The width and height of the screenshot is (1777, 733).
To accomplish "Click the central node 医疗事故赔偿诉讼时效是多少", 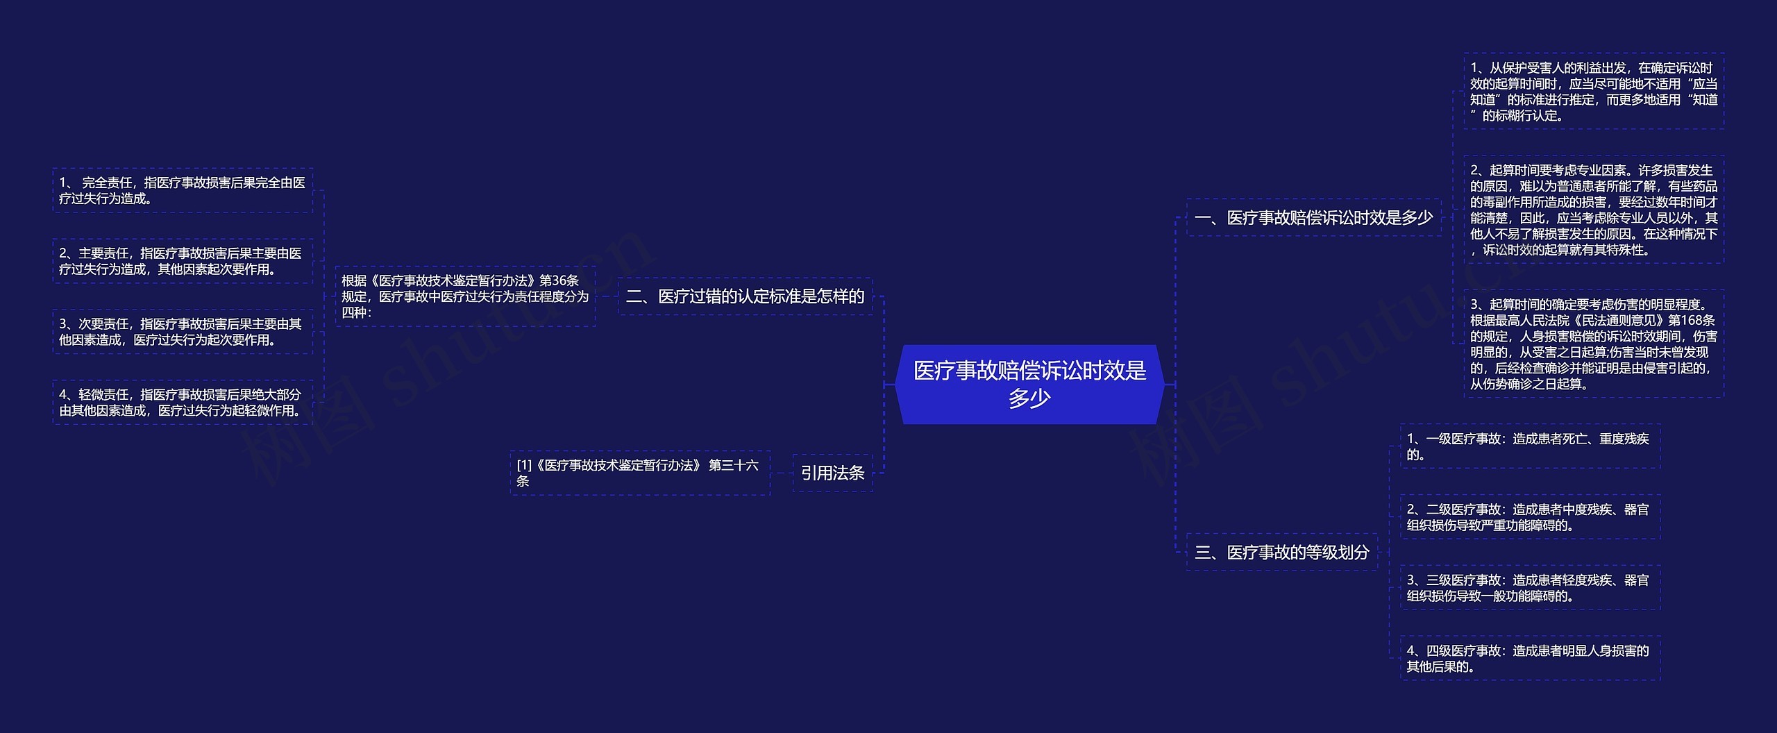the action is point(1029,384).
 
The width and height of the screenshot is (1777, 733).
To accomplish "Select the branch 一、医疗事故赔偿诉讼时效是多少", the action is point(1313,218).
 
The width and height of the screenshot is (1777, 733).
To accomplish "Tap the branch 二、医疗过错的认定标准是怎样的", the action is point(745,296).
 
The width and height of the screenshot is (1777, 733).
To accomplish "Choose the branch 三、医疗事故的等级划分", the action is point(1281,553).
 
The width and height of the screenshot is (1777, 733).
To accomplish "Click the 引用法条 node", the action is point(832,473).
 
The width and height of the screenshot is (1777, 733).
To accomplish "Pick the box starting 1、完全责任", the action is point(183,191).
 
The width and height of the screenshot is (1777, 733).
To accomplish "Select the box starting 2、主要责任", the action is point(183,262).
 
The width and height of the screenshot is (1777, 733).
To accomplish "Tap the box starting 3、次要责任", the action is point(183,332).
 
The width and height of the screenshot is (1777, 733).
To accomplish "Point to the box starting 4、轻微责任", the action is point(183,403).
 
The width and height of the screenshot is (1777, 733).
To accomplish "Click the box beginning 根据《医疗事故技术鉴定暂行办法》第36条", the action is point(465,296).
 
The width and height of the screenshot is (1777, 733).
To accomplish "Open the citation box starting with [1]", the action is point(639,473).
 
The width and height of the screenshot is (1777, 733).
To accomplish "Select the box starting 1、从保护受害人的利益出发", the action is point(1594,92).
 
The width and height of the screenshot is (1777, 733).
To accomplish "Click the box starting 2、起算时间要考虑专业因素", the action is point(1594,210).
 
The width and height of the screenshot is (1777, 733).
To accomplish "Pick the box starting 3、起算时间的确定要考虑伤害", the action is point(1594,344).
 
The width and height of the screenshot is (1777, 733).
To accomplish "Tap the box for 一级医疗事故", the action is point(1530,447).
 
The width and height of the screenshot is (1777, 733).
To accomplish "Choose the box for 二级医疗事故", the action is point(1530,518).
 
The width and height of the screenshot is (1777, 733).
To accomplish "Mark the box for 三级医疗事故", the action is point(1530,588).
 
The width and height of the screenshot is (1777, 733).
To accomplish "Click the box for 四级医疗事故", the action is point(1530,659).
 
